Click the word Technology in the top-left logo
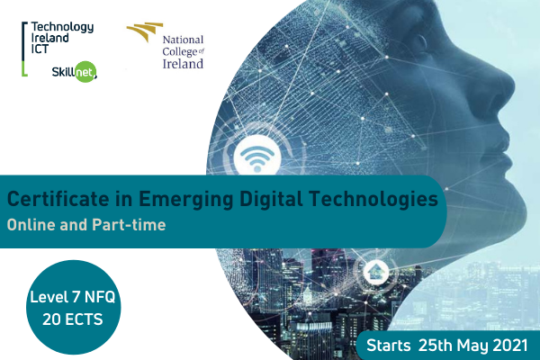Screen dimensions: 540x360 point(62,27)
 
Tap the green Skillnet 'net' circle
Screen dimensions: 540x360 point(85,72)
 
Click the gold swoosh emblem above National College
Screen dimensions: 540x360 point(145,31)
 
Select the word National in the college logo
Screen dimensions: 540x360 point(183,40)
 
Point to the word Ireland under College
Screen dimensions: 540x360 point(183,64)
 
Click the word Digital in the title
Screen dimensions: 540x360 point(272,200)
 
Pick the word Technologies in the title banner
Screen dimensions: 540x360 point(373,200)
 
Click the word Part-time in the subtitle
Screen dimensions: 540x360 point(129,225)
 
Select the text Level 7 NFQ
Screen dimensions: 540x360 point(73,297)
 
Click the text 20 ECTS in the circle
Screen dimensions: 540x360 point(73,319)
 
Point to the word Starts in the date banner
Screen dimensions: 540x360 point(388,346)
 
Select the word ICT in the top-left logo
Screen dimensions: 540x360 point(40,49)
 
